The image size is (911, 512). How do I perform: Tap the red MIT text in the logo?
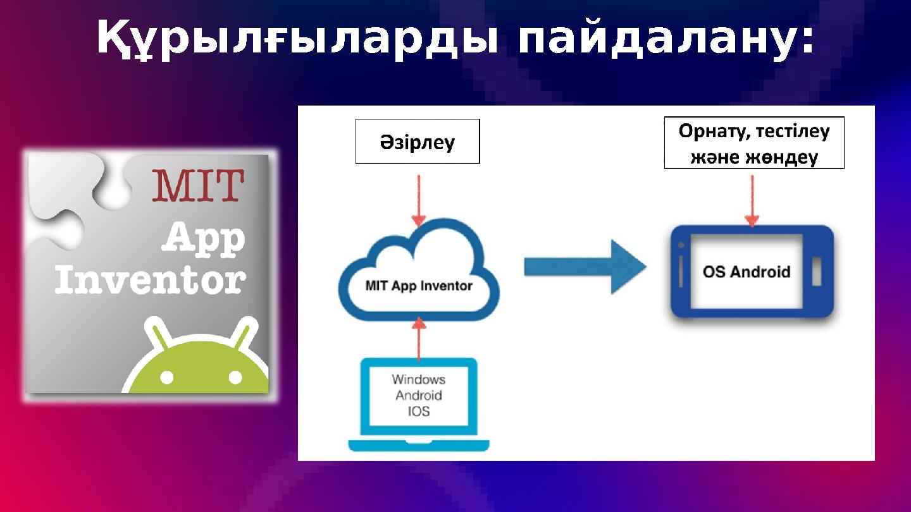[197, 185]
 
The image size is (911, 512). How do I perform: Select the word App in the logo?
[204, 240]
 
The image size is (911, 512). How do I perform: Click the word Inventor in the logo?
[150, 280]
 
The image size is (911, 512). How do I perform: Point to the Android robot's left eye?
[167, 377]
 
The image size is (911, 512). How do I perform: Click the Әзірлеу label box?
[417, 142]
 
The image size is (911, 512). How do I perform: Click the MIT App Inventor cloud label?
[419, 286]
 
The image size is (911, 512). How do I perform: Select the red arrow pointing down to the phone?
[752, 200]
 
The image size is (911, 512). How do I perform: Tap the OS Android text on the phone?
[747, 272]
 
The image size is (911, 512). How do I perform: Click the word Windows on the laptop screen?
[418, 379]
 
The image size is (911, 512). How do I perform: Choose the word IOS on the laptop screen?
[418, 411]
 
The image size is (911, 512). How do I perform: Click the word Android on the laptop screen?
[418, 396]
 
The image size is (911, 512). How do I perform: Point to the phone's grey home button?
[817, 271]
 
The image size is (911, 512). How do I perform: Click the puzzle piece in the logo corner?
[70, 196]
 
